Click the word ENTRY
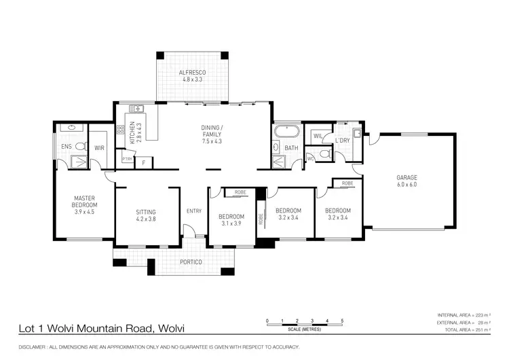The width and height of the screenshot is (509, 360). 193,211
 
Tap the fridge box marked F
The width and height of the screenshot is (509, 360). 143,162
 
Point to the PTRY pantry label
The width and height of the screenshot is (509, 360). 127,159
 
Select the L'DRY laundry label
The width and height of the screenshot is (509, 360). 342,141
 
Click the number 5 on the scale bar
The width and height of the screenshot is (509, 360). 342,320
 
